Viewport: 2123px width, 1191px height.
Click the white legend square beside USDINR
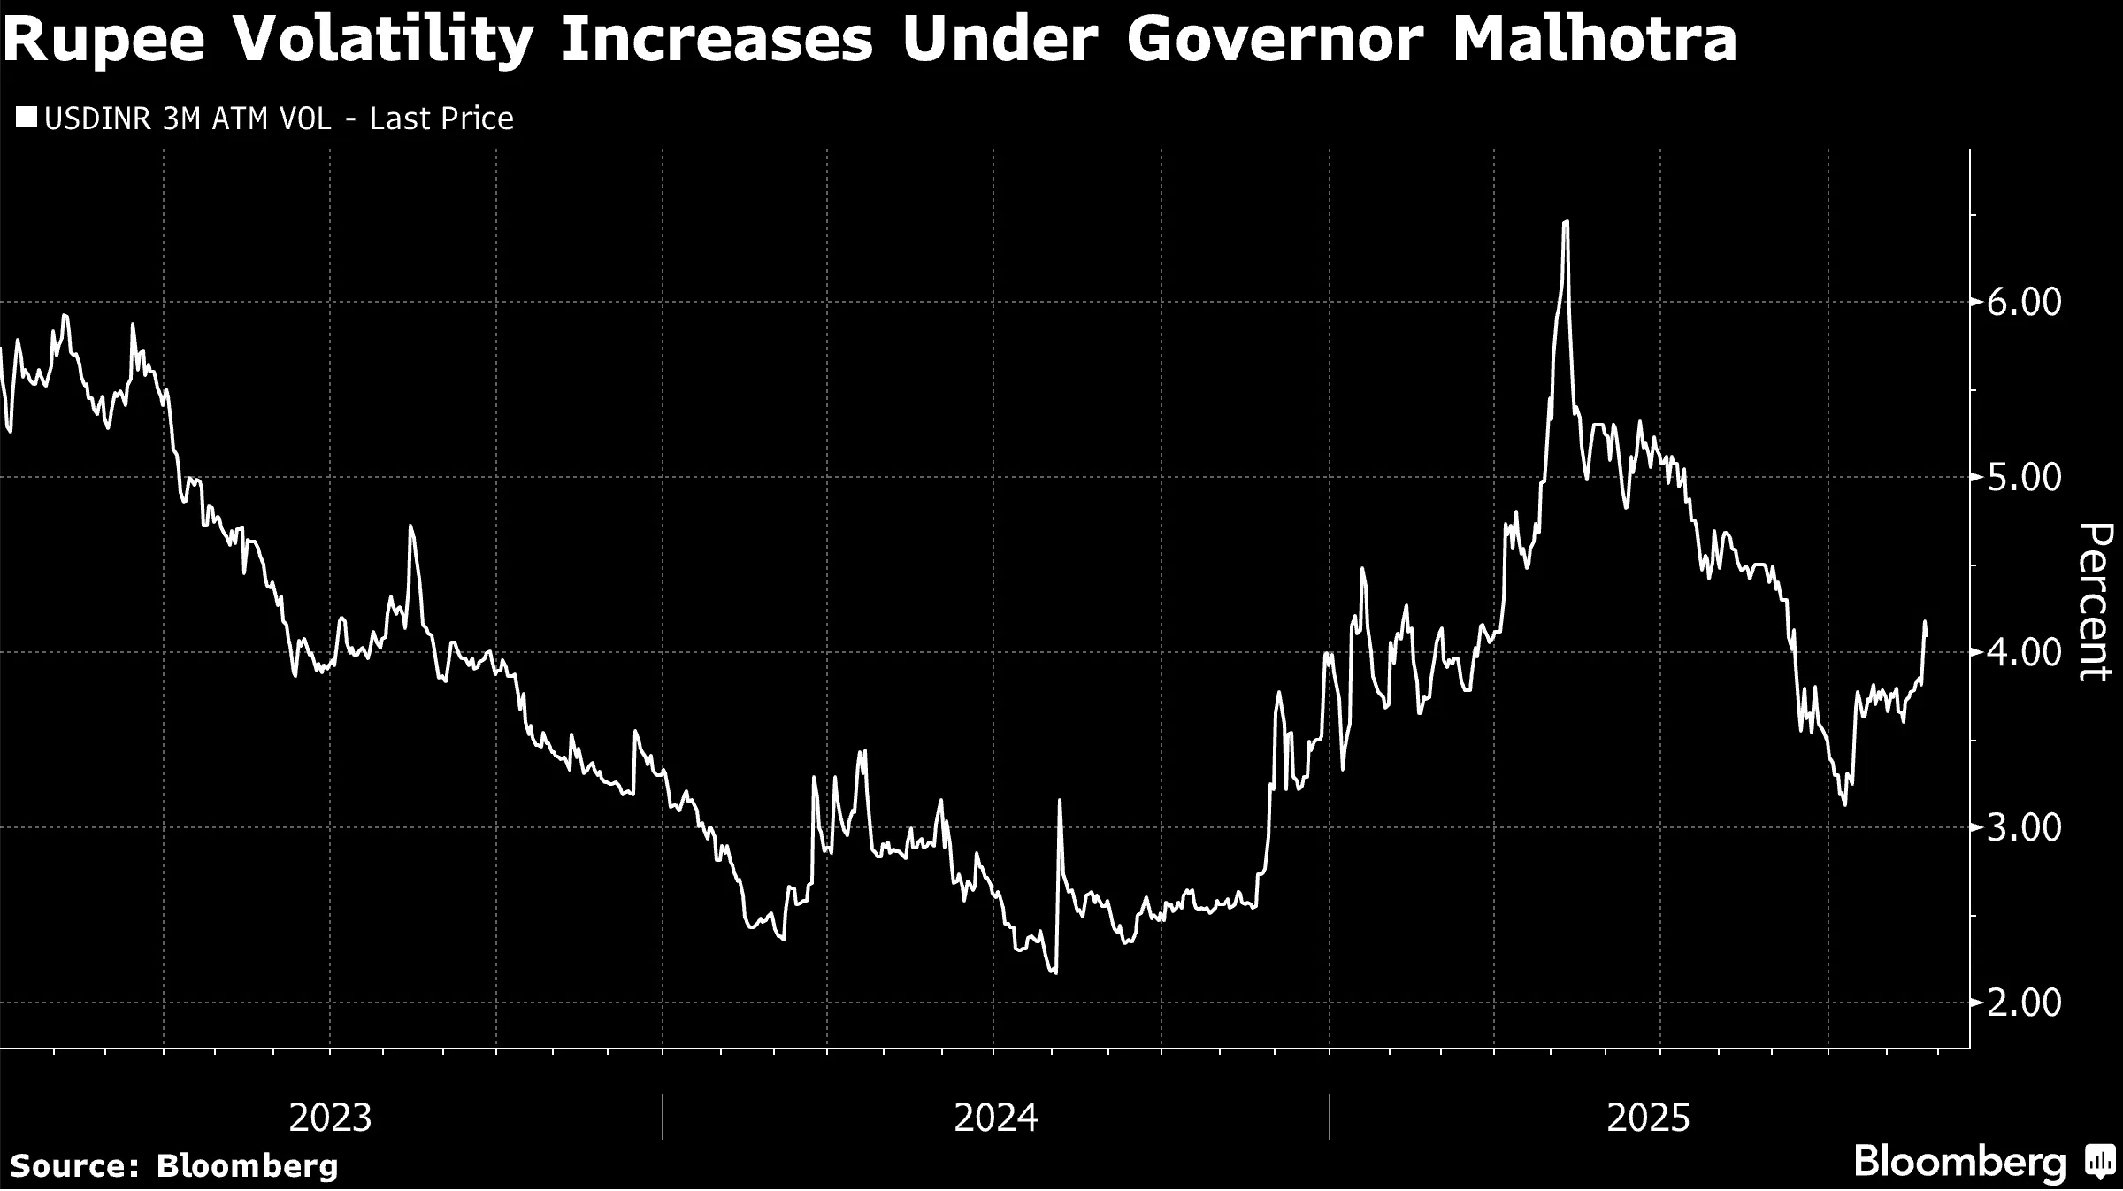[x=27, y=118]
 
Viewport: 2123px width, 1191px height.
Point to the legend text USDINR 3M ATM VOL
[x=188, y=119]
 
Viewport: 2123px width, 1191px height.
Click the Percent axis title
[x=2094, y=602]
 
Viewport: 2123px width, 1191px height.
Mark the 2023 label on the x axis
[x=331, y=1118]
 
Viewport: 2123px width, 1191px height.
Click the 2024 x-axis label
[x=995, y=1118]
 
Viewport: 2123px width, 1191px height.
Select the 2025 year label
[x=1648, y=1118]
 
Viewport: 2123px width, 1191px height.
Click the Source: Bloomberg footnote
[x=174, y=1165]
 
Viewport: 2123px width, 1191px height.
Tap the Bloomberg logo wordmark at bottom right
[x=1959, y=1162]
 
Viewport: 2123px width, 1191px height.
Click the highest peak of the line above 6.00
[x=1566, y=222]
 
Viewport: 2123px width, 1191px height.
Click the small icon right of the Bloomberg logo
[x=2098, y=1162]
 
